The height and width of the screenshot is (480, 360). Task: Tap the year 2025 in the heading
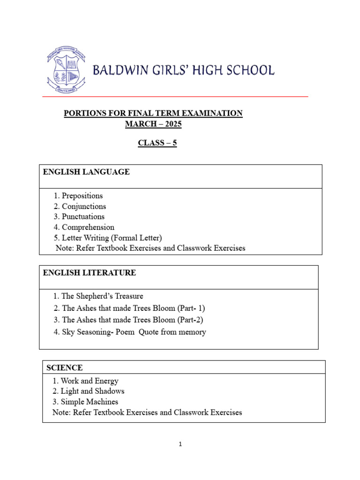171,124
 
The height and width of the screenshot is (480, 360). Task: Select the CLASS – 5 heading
157,143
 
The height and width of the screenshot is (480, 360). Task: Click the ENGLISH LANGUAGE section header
86,172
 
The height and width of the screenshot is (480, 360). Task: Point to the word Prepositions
82,196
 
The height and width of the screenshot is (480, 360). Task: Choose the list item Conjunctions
84,206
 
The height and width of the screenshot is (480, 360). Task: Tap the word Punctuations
83,217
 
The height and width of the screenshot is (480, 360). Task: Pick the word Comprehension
88,227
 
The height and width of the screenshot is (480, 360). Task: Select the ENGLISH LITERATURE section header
90,273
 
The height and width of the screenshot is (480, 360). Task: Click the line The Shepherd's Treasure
102,296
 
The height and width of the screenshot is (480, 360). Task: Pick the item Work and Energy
90,381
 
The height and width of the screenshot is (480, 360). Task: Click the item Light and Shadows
92,391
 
